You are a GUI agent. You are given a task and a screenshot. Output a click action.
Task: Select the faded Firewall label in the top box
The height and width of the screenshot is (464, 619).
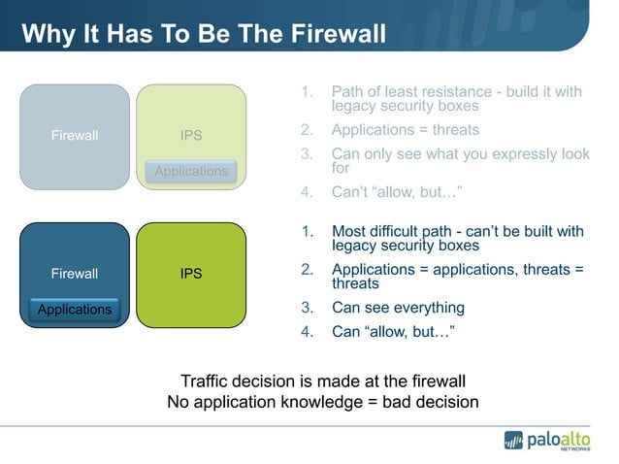point(75,135)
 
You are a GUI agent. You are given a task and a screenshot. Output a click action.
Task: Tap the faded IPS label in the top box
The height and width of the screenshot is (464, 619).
point(191,135)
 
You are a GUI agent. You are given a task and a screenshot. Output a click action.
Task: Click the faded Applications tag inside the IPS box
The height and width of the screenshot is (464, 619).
point(191,171)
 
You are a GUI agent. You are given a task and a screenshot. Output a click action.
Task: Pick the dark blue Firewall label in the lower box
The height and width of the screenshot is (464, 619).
point(75,274)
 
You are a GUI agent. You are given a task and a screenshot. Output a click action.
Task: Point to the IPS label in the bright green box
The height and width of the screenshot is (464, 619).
point(191,274)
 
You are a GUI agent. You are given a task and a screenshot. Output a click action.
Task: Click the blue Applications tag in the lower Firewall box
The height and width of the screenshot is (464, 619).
point(75,310)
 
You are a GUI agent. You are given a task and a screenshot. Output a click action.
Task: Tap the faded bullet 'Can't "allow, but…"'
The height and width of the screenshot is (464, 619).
point(395,191)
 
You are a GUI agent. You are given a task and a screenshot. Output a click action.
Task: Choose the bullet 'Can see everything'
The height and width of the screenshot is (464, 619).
point(398,308)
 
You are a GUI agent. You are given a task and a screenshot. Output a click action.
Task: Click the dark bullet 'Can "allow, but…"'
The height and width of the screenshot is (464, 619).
point(393,332)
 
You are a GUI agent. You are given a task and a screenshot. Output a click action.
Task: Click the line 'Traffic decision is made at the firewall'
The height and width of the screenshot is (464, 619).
point(323,381)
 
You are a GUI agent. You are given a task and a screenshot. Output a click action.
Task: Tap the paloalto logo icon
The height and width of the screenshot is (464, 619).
point(513,440)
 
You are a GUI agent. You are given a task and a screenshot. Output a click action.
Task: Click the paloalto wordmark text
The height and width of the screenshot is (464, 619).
point(558,439)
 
